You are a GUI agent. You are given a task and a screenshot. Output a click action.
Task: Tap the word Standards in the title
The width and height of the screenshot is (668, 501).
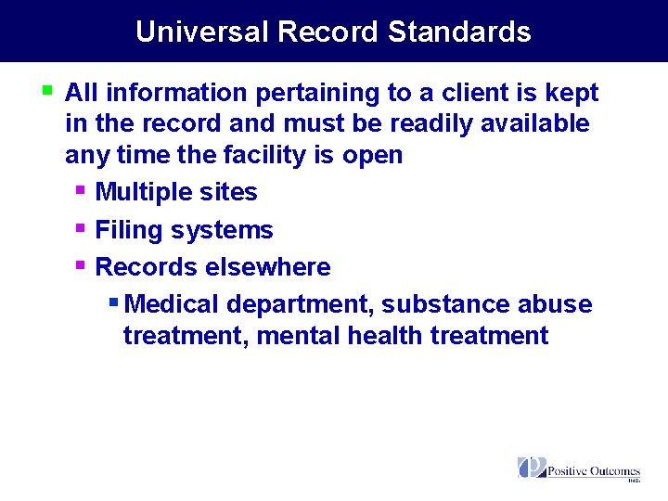459,32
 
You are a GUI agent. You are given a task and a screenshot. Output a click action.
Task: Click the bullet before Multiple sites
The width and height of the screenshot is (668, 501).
81,190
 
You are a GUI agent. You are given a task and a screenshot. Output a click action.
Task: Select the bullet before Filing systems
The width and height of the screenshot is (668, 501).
81,228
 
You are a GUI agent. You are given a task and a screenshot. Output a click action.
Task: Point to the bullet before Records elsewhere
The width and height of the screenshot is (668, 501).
81,265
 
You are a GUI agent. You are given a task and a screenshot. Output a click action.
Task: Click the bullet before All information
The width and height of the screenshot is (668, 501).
49,91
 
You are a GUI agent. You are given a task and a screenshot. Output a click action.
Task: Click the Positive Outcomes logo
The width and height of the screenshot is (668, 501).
579,469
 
